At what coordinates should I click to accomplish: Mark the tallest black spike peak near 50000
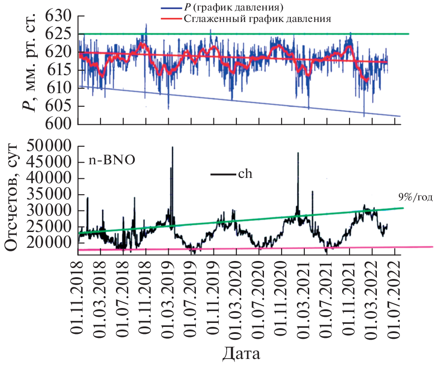(172, 147)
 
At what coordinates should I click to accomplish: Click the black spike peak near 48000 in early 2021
(298, 153)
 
